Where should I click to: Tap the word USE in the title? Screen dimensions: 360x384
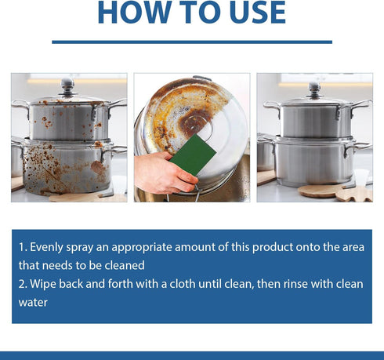coord(248,13)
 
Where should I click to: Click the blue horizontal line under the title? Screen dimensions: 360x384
coord(191,42)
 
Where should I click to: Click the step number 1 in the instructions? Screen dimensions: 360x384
coord(21,247)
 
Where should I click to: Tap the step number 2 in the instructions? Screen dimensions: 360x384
coord(21,283)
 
